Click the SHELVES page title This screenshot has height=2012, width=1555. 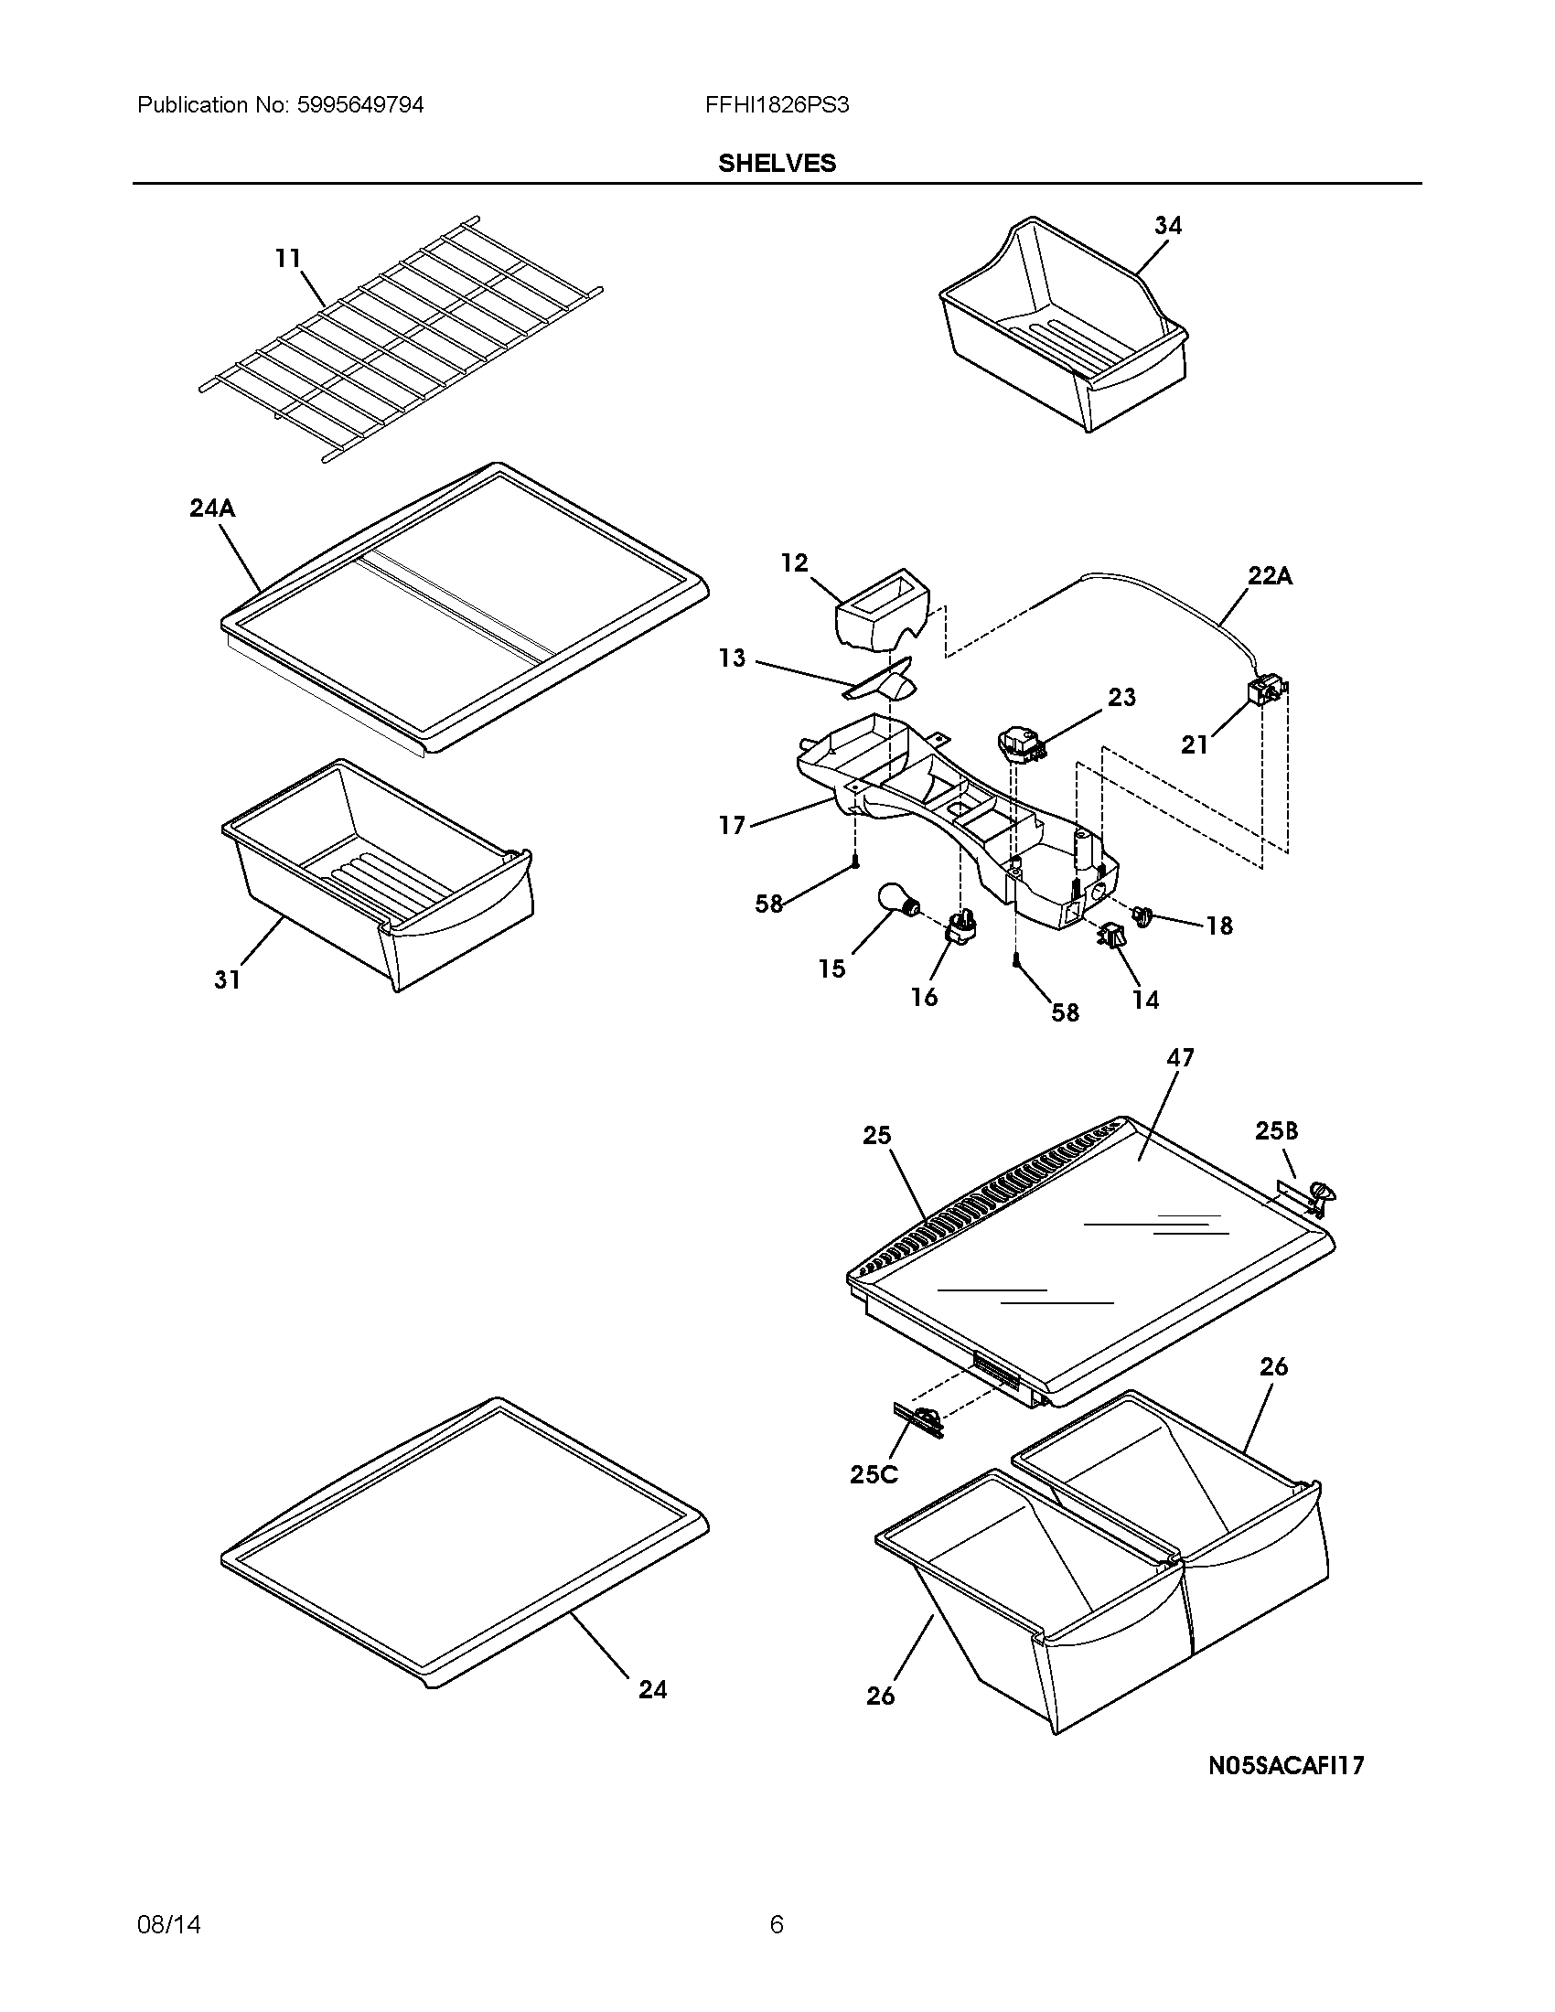pos(777,163)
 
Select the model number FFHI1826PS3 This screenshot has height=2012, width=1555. pos(777,105)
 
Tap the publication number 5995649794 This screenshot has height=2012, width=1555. pos(359,105)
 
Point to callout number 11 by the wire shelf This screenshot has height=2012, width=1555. pos(287,258)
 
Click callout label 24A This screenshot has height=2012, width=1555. pos(212,508)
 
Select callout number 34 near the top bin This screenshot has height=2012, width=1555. pos(1167,225)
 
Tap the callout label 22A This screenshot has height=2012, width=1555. pos(1270,576)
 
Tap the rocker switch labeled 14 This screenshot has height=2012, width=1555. pos(1110,936)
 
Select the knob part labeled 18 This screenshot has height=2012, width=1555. pos(1145,915)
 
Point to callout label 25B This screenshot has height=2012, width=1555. pos(1276,1130)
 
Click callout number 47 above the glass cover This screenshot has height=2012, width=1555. pos(1179,1057)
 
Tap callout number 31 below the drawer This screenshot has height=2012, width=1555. pos(228,979)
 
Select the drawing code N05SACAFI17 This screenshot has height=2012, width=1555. pos(1286,1765)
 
